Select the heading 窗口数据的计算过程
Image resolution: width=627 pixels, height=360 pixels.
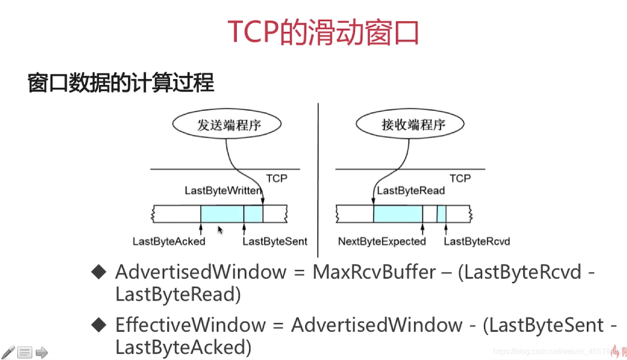coord(121,83)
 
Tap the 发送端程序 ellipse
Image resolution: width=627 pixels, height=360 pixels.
coord(230,125)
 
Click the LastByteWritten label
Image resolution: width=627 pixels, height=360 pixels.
coord(223,191)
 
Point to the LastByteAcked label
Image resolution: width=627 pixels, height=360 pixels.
coord(169,241)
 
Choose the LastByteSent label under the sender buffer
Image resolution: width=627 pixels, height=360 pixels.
coord(275,241)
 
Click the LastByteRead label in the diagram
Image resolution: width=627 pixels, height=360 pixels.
coord(411,191)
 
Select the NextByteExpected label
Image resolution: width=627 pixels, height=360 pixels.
coord(382,241)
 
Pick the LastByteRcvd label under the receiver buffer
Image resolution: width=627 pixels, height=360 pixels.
coord(476,241)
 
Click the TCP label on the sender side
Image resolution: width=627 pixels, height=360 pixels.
coord(277,178)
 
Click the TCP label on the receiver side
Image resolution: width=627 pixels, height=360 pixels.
coord(460,178)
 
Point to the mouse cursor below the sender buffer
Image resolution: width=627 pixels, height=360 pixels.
coord(220,230)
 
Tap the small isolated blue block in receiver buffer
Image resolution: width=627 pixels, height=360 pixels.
coord(441,214)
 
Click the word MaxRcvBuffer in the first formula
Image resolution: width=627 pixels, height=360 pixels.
coord(374,272)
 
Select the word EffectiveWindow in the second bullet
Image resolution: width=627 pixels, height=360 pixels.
coord(190,325)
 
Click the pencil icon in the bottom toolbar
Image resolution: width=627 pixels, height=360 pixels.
coord(8,352)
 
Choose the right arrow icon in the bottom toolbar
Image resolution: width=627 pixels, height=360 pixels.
coord(42,353)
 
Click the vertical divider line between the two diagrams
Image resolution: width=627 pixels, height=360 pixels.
coord(318,181)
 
